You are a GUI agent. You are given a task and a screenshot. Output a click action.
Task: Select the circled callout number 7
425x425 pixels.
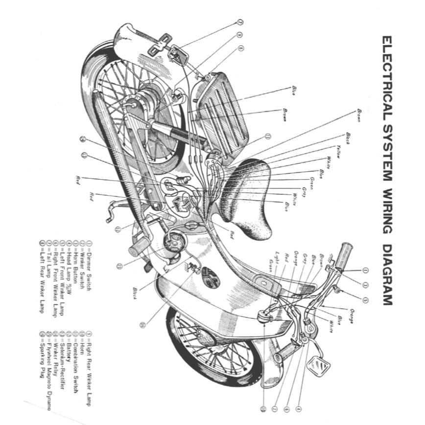(x=240, y=22)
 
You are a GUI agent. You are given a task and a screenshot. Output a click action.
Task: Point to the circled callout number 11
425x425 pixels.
(x=267, y=137)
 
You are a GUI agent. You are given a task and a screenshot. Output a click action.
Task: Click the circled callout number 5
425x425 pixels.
(x=365, y=300)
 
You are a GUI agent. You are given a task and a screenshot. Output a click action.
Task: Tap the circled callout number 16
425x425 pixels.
(x=142, y=324)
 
